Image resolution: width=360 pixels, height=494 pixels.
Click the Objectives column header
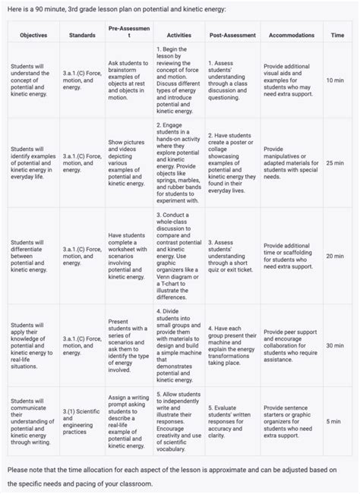[33, 36]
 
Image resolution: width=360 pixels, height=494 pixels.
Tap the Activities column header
[178, 36]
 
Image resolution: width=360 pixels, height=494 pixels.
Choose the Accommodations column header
[286, 36]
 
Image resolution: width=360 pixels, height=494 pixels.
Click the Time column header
[336, 36]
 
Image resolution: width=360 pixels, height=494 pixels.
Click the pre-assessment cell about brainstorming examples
[128, 80]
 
